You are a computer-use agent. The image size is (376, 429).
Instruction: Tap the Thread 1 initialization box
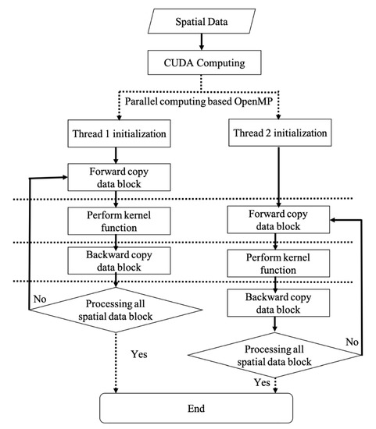pyautogui.click(x=116, y=133)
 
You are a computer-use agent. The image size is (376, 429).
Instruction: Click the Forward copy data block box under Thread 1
pyautogui.click(x=116, y=177)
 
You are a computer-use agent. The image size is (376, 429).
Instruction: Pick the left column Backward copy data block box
pyautogui.click(x=116, y=259)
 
